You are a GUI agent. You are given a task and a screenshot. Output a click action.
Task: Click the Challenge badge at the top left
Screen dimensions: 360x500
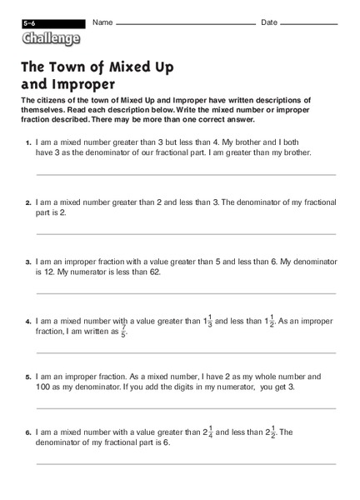[x=52, y=38]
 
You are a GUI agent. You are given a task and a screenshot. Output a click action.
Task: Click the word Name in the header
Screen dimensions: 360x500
[x=102, y=22]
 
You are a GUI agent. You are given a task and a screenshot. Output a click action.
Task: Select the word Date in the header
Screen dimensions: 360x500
[x=269, y=22]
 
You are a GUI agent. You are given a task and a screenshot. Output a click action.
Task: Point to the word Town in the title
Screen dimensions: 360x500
[x=77, y=66]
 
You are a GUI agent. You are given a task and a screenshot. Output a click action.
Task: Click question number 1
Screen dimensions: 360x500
[x=28, y=144]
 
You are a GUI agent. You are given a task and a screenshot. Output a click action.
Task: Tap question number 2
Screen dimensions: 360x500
[x=28, y=202]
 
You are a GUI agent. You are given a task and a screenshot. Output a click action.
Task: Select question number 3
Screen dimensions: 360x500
[x=28, y=262]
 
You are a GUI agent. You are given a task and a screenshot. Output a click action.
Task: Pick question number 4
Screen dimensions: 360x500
[x=28, y=321]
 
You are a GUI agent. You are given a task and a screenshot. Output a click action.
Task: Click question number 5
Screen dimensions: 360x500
[x=28, y=377]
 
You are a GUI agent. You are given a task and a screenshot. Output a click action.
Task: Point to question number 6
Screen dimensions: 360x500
[x=28, y=432]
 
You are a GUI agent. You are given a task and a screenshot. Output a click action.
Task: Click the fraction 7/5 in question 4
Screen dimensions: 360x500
[x=123, y=331]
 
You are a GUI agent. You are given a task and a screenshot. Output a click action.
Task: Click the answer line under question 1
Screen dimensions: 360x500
[x=185, y=175]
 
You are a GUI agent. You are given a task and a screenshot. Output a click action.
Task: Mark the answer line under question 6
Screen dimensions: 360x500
[x=185, y=464]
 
